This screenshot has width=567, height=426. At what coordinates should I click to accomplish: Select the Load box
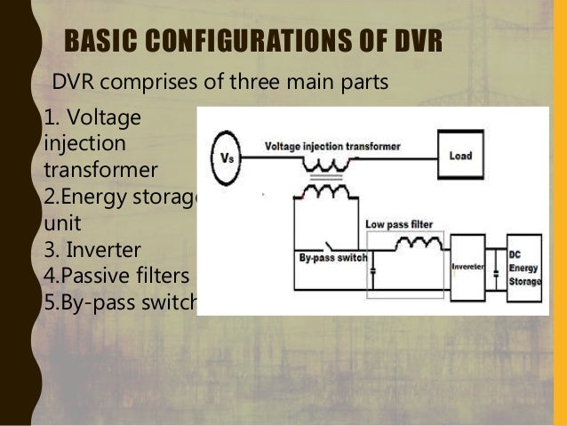pos(460,156)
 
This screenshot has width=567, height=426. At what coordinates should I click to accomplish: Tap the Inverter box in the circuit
pos(467,264)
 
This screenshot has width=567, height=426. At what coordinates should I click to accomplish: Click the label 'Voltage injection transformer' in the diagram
pos(332,145)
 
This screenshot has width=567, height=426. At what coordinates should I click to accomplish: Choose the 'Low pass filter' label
pos(398,225)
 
